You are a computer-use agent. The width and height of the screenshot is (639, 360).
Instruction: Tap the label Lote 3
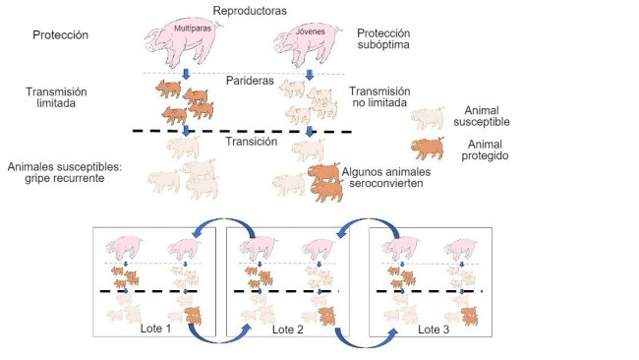coord(433,329)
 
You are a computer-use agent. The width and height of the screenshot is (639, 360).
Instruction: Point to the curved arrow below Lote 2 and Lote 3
coord(361,341)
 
